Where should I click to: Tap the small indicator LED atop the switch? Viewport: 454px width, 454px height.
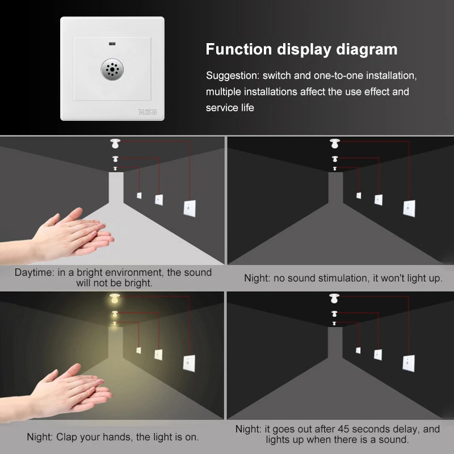(112, 44)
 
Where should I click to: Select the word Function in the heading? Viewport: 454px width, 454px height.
(238, 49)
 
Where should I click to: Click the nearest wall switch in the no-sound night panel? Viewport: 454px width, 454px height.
(409, 209)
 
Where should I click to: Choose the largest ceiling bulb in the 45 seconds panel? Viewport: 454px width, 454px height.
(334, 298)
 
